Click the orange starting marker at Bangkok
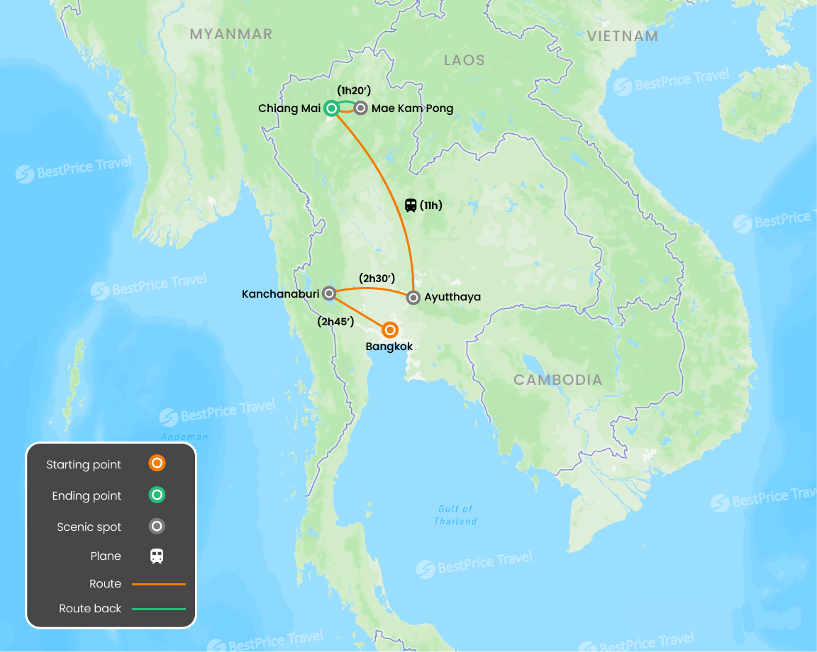(389, 330)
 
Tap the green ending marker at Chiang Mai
(330, 108)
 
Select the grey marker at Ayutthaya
(413, 298)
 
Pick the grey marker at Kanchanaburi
(329, 293)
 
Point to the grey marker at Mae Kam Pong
(361, 108)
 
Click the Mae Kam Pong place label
(412, 108)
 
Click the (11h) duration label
(431, 206)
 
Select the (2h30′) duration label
(377, 278)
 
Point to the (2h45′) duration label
(335, 321)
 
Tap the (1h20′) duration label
(355, 90)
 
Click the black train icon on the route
(411, 206)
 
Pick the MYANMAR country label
(231, 34)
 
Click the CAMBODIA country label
(558, 380)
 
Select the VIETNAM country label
(623, 36)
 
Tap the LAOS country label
(465, 60)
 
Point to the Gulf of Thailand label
(455, 515)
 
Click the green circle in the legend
(157, 495)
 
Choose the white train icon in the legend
(157, 556)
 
